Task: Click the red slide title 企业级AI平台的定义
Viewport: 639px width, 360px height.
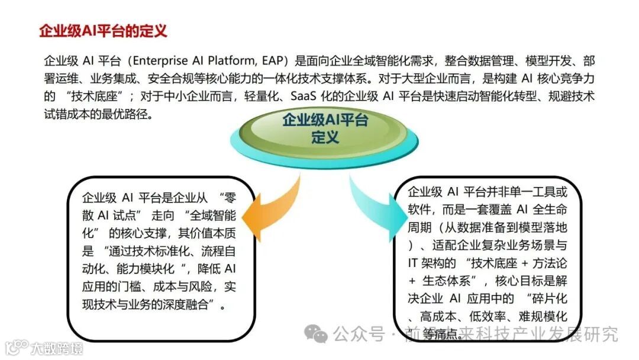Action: (103, 31)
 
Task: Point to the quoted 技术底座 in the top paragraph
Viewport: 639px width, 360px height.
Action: (89, 97)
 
